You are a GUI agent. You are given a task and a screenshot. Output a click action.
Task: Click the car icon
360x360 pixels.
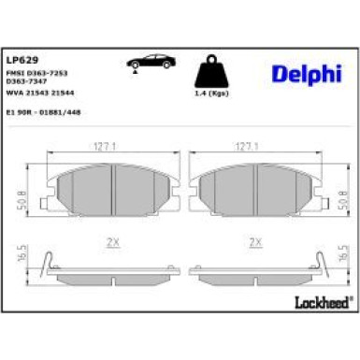[149, 62]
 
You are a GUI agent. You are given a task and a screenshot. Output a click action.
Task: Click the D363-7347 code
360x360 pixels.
[40, 81]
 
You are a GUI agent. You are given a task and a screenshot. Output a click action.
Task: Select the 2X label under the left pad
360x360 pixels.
[113, 242]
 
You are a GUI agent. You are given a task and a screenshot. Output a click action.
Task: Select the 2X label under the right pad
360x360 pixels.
[253, 242]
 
